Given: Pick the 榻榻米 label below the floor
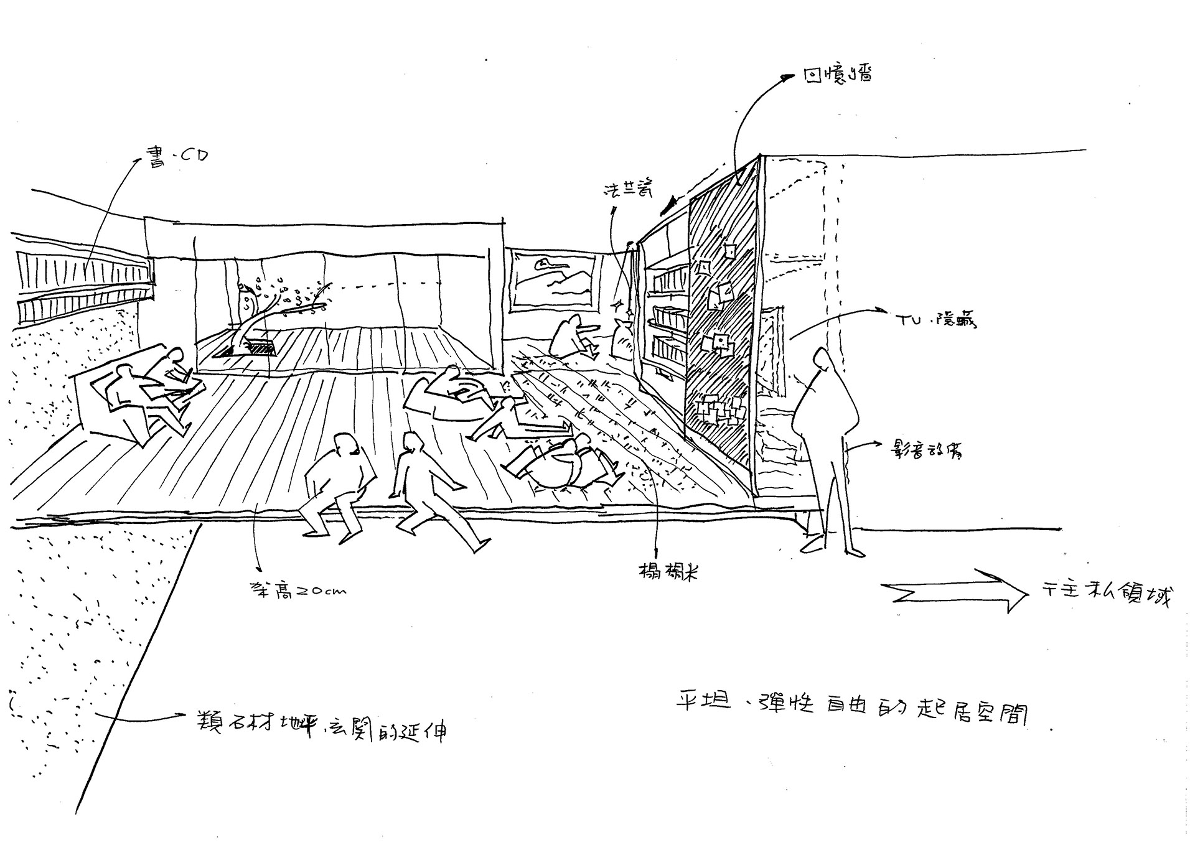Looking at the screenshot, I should (668, 571).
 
